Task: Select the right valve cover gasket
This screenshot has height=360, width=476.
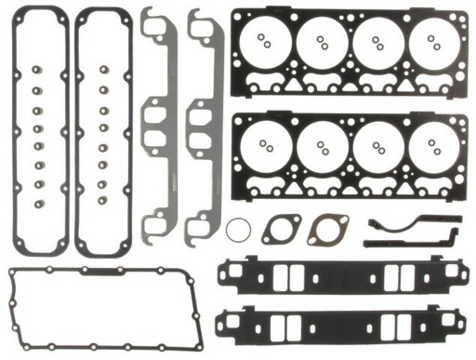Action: click(81, 130)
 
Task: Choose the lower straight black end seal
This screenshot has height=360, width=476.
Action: click(409, 243)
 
